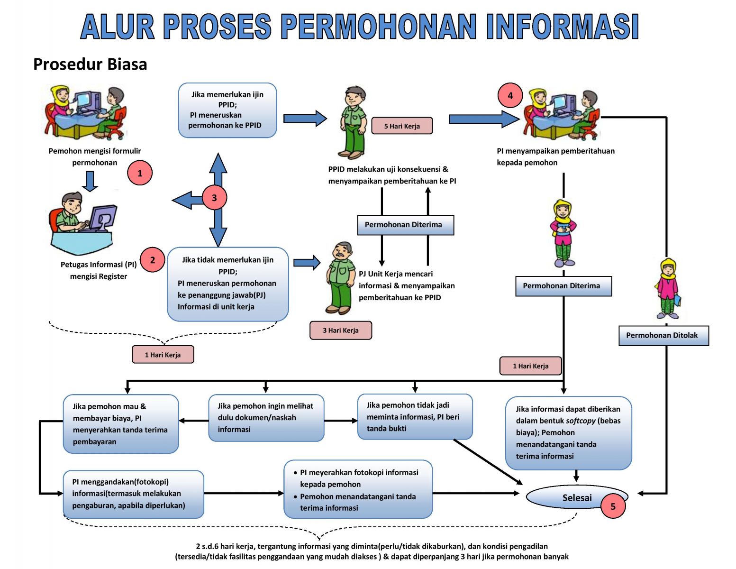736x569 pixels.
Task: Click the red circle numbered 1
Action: click(x=140, y=173)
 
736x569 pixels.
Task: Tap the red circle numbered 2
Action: click(x=153, y=260)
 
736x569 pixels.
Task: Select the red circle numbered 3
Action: click(x=214, y=198)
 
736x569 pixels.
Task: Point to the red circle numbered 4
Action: click(x=510, y=95)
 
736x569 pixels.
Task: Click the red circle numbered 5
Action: click(x=613, y=506)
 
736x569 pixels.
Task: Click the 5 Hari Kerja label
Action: click(x=402, y=126)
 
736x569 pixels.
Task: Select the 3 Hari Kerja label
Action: click(x=340, y=330)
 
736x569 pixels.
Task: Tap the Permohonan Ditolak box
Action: click(x=663, y=336)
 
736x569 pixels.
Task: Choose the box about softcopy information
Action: click(x=568, y=432)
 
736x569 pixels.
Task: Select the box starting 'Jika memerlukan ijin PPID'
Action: click(x=227, y=110)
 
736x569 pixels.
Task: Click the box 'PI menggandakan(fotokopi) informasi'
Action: click(x=133, y=494)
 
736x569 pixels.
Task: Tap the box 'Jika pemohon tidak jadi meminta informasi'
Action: click(x=415, y=417)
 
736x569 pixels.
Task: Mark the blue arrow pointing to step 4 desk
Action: click(x=483, y=119)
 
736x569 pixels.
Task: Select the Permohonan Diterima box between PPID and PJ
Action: click(x=405, y=225)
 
